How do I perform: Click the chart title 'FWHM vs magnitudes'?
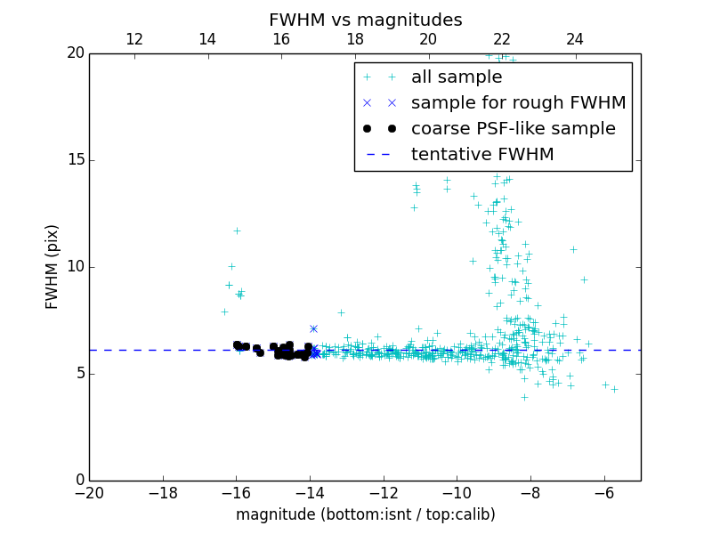click(x=365, y=20)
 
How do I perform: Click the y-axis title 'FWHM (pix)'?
click(x=53, y=266)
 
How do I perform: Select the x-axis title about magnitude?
click(x=365, y=514)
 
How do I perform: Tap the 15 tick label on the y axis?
click(x=75, y=160)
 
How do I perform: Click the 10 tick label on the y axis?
click(x=75, y=267)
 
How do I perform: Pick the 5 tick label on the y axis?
click(x=78, y=374)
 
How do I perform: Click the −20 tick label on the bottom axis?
click(x=89, y=493)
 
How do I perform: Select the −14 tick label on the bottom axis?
click(x=310, y=493)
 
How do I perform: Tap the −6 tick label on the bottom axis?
click(x=603, y=493)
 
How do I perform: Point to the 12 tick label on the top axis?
click(x=134, y=39)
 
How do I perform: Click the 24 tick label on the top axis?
click(x=575, y=39)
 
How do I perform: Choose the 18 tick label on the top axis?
click(x=354, y=39)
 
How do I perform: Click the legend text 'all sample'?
click(x=457, y=77)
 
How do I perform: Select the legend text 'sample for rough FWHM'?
click(x=518, y=103)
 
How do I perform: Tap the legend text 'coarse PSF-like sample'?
click(x=513, y=129)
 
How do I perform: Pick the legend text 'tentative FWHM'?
click(x=482, y=155)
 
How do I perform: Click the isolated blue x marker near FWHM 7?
click(x=313, y=328)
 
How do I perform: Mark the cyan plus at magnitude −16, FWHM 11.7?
click(x=237, y=231)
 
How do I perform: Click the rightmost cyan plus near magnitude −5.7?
click(x=614, y=389)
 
